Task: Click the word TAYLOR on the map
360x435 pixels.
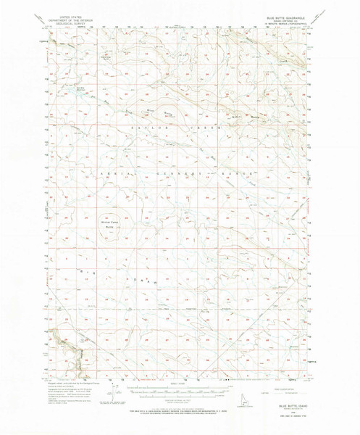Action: click(x=143, y=127)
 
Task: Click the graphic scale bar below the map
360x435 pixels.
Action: click(x=177, y=391)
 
